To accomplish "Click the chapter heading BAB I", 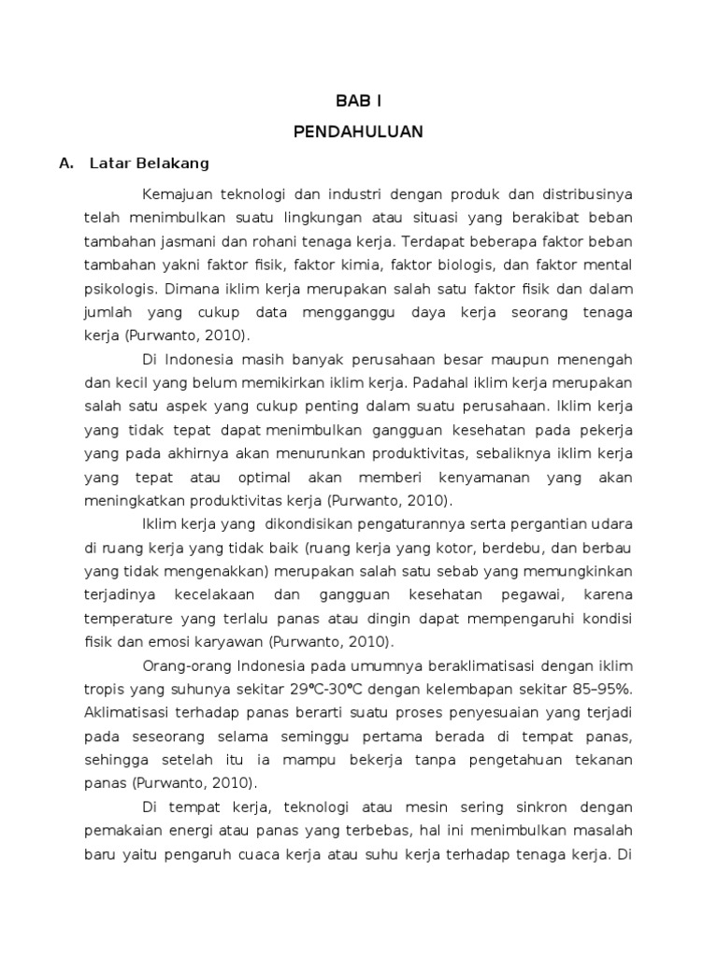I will click(x=359, y=101).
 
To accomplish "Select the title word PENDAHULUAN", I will click(x=359, y=132).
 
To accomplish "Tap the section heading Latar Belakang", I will click(x=150, y=164).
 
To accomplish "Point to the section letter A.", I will click(x=65, y=164).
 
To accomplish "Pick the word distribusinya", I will click(x=585, y=195).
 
